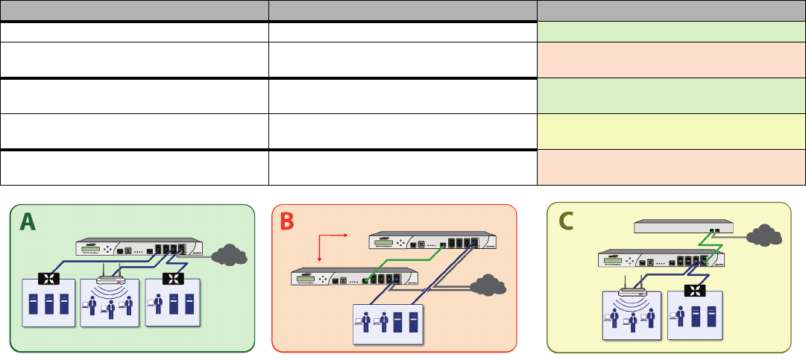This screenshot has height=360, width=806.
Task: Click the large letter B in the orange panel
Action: coord(288,221)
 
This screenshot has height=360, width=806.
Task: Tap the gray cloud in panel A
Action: coord(230,256)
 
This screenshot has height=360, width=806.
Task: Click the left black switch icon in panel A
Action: coord(50,281)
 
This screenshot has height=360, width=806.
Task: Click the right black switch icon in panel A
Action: coord(172,281)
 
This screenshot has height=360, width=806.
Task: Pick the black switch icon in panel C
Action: coord(696,290)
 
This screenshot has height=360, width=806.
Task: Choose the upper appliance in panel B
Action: coord(433,242)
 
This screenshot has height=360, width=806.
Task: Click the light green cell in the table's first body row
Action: coord(671,31)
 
